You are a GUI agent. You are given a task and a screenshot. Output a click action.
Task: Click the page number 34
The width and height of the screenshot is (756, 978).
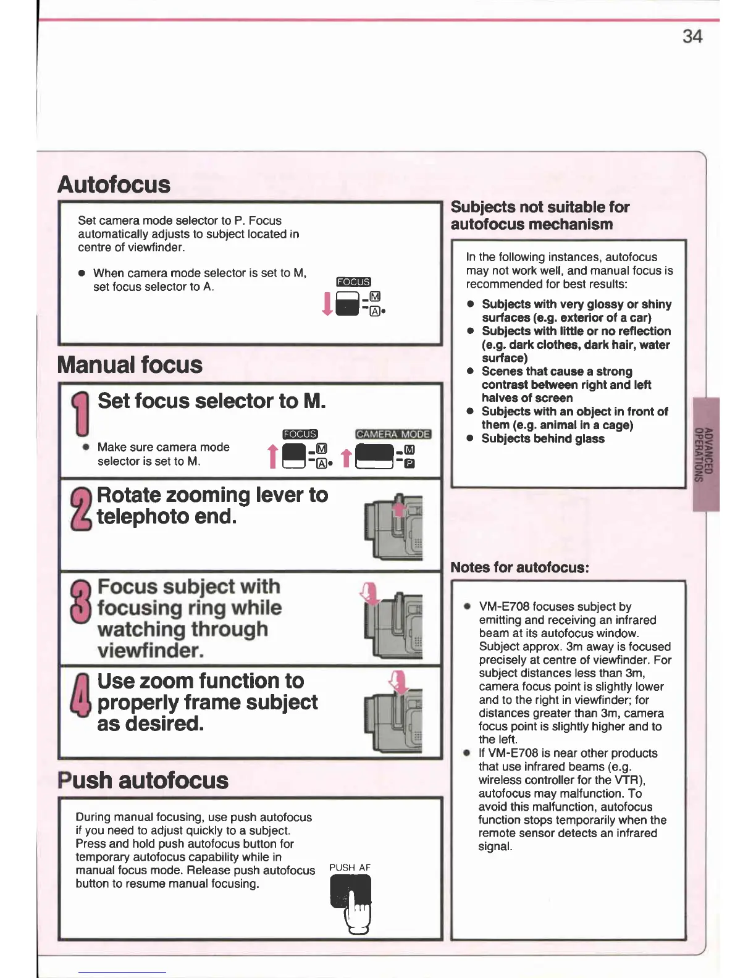click(692, 36)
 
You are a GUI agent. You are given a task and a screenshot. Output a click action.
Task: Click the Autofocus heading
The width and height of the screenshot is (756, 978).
click(114, 185)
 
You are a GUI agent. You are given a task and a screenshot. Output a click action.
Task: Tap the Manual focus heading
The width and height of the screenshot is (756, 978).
click(130, 365)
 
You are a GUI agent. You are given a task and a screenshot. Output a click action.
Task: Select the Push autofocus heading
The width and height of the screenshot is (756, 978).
click(143, 780)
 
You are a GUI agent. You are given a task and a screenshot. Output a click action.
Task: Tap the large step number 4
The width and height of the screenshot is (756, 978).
click(81, 695)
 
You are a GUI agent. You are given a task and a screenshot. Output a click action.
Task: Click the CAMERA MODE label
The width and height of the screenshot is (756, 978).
click(393, 434)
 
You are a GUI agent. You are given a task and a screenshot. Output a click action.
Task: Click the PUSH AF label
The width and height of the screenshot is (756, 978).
click(350, 867)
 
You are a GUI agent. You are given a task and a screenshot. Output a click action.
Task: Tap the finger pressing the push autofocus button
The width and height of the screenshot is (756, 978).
click(358, 913)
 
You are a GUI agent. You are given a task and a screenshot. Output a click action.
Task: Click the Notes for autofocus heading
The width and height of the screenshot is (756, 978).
click(519, 567)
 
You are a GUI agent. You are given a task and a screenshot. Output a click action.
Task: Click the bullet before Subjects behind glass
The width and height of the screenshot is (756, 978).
click(471, 438)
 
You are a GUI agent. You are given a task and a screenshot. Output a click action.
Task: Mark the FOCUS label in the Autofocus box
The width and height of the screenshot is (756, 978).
click(353, 282)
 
